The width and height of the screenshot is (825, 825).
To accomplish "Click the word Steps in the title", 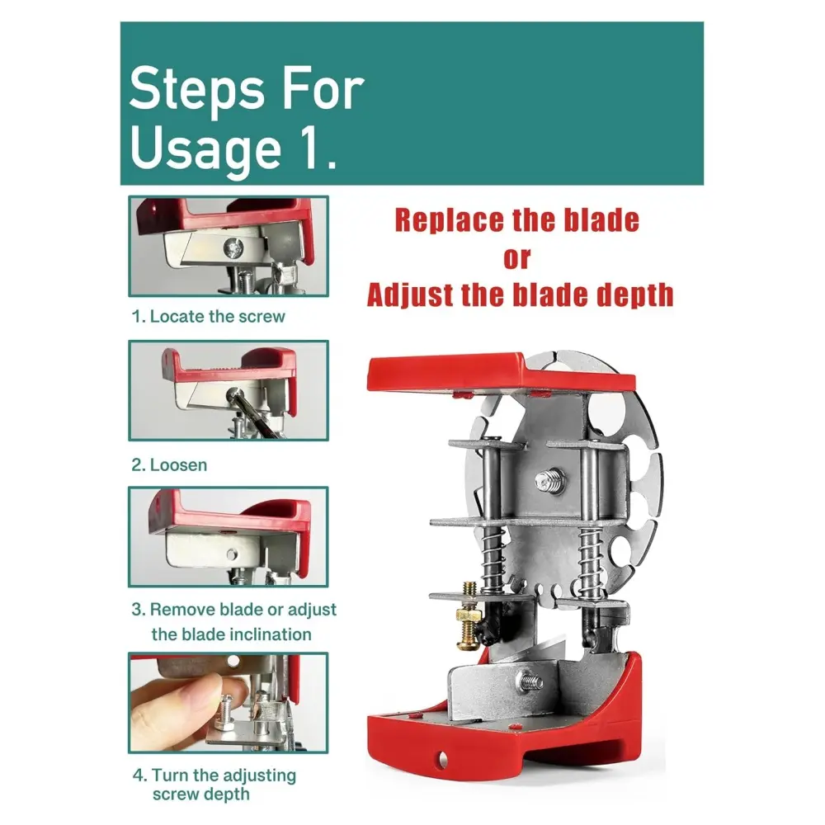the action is (197, 89).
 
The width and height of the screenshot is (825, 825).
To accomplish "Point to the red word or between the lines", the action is (516, 259).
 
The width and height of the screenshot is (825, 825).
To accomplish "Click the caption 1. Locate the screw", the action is (209, 316).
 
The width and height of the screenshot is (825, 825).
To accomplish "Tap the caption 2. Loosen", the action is (169, 464).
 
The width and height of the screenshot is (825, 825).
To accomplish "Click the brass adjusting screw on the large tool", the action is (469, 615).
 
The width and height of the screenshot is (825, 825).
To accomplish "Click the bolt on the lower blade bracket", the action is (530, 682).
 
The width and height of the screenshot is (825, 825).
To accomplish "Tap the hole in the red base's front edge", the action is (442, 758).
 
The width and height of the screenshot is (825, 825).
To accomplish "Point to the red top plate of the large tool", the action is (500, 373).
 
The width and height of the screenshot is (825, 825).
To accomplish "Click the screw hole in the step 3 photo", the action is (231, 554).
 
